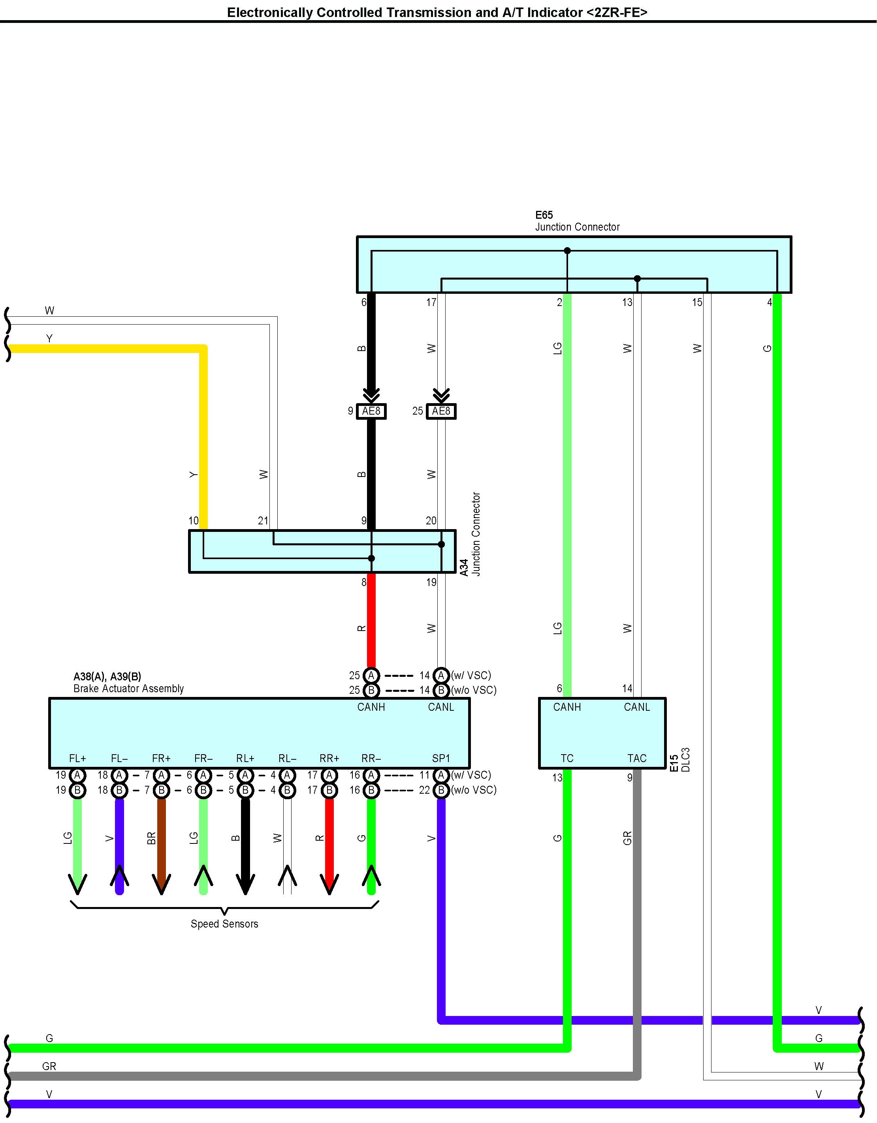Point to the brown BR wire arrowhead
(x=161, y=883)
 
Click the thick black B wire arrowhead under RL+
(x=245, y=883)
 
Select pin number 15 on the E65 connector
(x=696, y=302)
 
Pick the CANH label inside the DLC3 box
(x=567, y=707)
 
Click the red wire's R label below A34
(x=361, y=628)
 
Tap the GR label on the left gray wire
(x=49, y=1066)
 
